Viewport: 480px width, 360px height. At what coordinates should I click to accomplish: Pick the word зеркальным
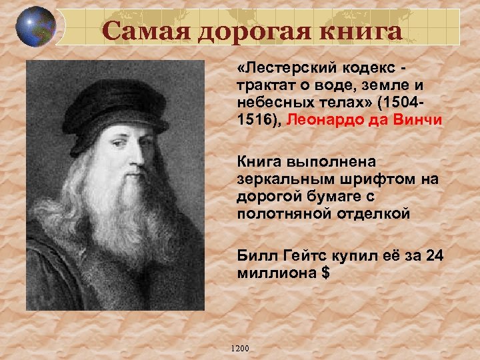pyautogui.click(x=277, y=181)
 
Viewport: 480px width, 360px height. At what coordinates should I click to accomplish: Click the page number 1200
pyautogui.click(x=238, y=349)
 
